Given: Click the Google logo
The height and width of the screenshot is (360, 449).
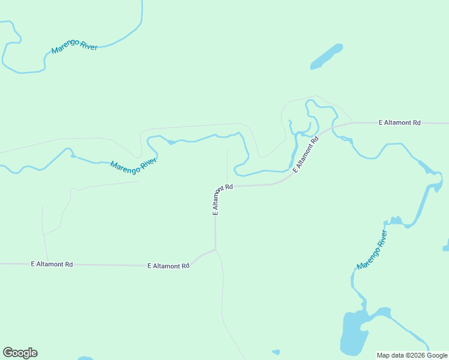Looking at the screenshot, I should (20, 353).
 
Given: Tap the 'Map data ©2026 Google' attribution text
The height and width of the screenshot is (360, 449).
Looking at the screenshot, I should (412, 355).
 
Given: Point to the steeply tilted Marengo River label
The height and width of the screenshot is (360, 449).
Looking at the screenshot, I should (372, 249).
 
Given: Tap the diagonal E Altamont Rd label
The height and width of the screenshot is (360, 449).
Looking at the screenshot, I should (306, 154).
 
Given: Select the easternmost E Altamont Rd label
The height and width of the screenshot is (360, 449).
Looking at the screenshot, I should (400, 122).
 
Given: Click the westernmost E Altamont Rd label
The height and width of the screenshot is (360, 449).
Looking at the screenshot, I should (52, 264).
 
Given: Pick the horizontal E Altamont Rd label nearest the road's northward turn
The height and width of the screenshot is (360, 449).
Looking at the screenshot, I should (168, 265).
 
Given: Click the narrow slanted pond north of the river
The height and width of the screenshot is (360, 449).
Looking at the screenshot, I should (326, 56).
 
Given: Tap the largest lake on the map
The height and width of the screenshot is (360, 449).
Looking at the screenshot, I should (353, 334).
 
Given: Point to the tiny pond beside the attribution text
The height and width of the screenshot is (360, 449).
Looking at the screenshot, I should (276, 352).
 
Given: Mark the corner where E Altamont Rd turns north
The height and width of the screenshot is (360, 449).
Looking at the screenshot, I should (215, 248).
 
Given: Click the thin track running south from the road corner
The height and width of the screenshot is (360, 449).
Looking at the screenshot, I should (223, 300).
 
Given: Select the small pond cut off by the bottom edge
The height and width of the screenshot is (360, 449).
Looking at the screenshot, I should (85, 358).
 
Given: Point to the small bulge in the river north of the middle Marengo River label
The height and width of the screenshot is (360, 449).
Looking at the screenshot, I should (172, 142).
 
